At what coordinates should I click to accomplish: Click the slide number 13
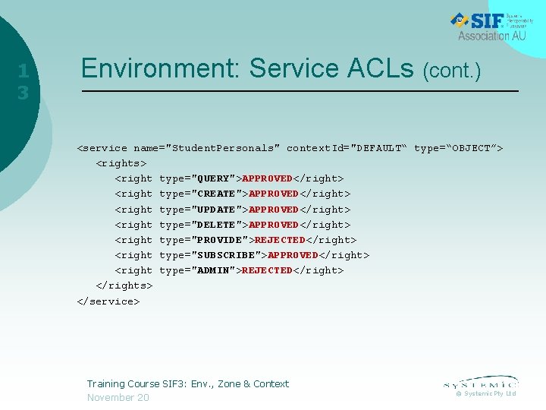[x=24, y=82]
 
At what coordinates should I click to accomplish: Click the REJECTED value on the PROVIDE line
[x=280, y=240]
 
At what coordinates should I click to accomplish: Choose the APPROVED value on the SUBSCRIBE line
[x=293, y=255]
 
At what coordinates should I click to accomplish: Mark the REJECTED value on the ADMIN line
[x=267, y=270]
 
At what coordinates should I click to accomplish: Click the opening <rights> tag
[x=121, y=163]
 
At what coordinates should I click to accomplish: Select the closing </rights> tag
[x=124, y=285]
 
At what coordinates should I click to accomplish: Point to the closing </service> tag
[x=108, y=301]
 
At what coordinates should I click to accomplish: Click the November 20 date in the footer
[x=118, y=398]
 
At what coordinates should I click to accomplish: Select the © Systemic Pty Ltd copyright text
[x=485, y=393]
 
